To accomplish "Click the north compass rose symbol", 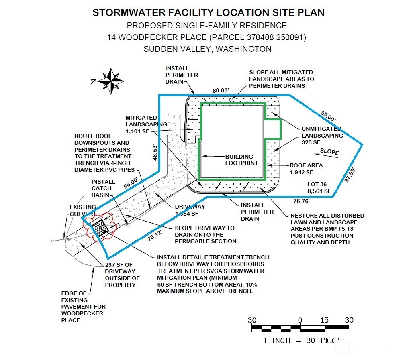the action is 111,81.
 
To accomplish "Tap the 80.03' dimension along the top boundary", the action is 221,91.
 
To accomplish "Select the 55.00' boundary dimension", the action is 328,116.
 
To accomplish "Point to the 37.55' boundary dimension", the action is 350,175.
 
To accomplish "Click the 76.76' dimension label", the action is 302,201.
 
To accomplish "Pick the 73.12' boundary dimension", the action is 155,235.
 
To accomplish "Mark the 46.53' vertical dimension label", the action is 155,152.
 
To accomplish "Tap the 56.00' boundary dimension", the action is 131,183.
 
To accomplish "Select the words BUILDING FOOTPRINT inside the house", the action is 241,160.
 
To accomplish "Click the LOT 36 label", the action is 317,184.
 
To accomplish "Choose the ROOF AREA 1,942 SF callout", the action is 306,169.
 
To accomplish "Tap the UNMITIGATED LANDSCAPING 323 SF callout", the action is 322,136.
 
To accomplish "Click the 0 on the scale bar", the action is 300,320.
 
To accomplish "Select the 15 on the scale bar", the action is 325,320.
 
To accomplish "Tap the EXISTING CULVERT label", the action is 83,211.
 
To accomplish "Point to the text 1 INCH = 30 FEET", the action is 301,340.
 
